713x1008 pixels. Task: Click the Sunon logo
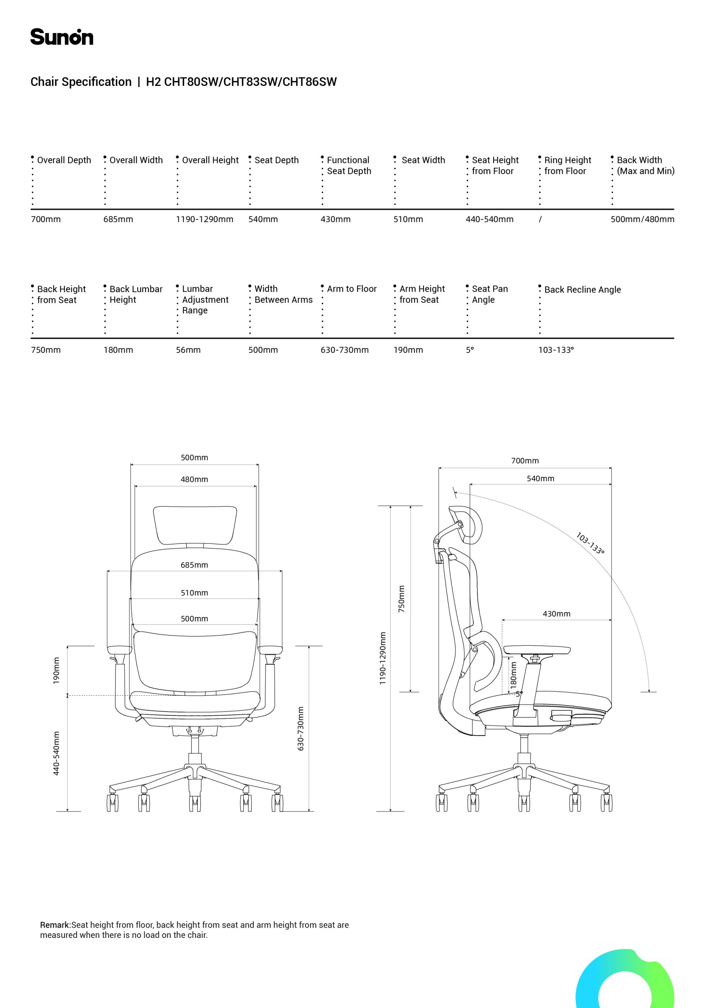[61, 37]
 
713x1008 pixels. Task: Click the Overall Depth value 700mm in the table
[46, 219]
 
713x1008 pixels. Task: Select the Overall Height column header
[210, 160]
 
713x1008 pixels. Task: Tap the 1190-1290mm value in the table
[204, 219]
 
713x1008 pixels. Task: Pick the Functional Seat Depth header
[349, 165]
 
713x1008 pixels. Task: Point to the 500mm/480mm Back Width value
[642, 219]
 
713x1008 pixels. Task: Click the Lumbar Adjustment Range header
[205, 299]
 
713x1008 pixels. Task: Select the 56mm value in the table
[188, 350]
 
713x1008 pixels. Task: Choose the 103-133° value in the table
[556, 350]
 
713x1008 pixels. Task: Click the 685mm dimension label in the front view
[194, 565]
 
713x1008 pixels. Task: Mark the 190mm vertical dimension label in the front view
[56, 671]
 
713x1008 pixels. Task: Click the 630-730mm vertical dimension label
[301, 728]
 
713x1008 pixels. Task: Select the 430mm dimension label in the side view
[556, 614]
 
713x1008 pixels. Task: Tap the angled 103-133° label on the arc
[590, 543]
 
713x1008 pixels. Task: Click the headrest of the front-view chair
[195, 526]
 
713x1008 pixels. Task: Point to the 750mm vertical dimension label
[401, 599]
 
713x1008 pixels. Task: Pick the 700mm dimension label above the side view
[525, 461]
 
